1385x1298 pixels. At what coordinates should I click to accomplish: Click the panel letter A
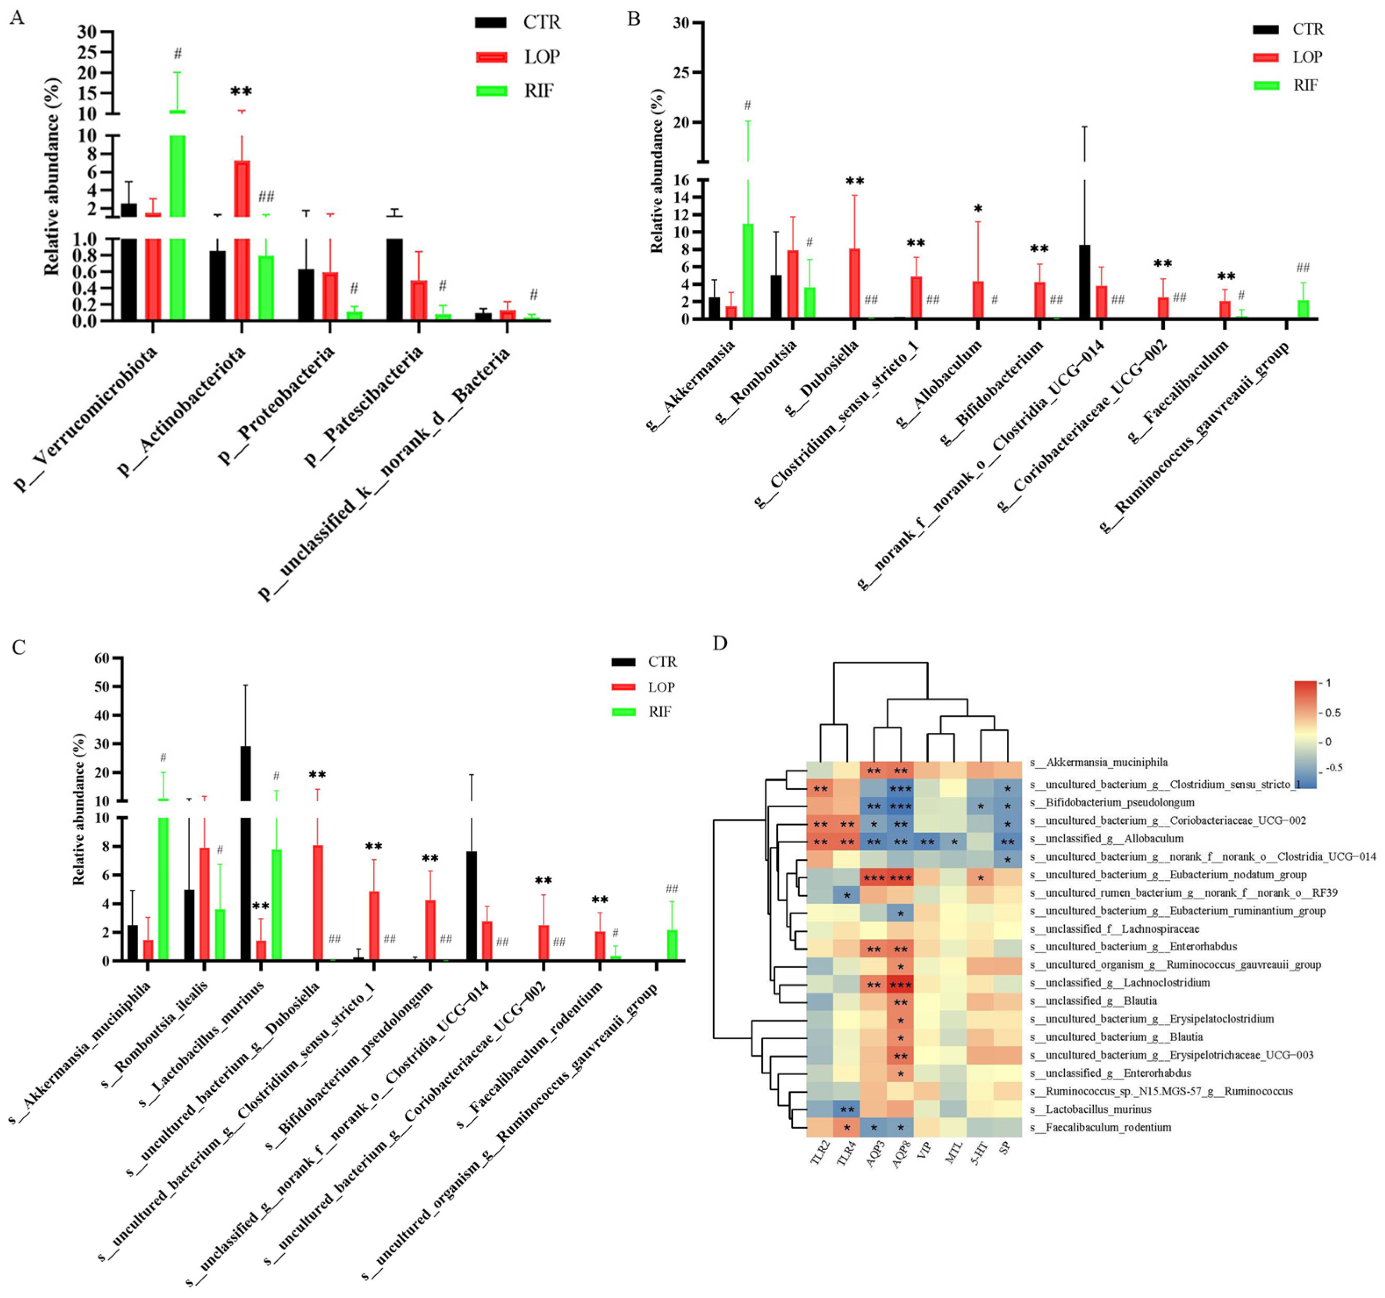point(16,18)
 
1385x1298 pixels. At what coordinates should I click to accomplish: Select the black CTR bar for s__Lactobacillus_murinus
point(245,870)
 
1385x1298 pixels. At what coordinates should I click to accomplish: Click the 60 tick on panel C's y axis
point(102,658)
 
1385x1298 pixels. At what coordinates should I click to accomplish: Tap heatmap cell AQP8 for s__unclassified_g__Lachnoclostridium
point(900,983)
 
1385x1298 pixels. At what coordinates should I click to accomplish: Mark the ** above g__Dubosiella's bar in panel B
point(855,182)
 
